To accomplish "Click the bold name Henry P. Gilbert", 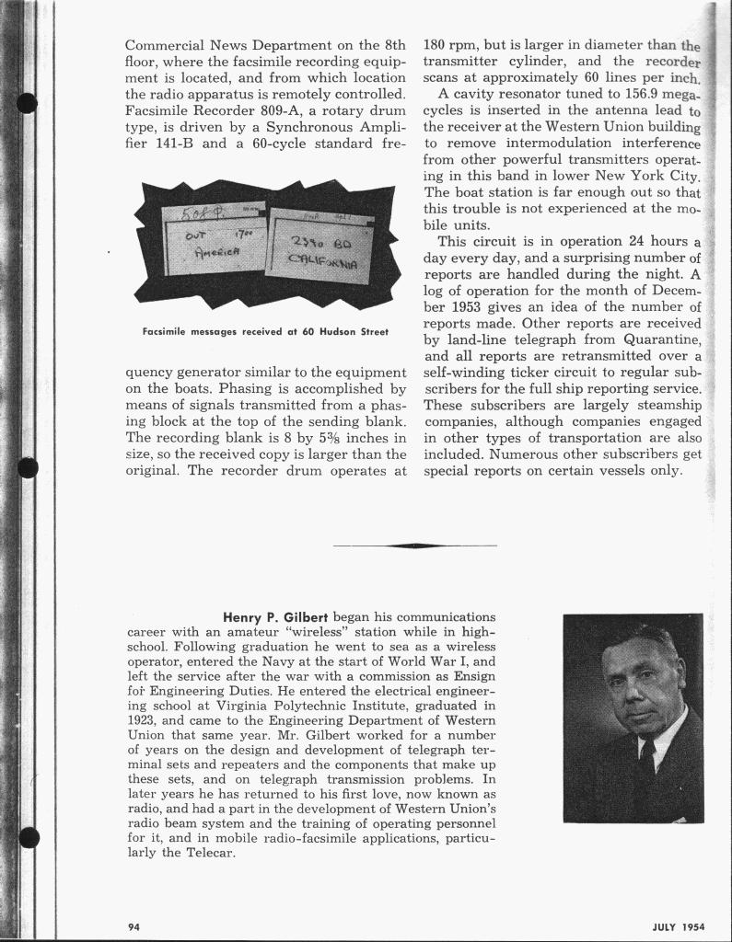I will pos(276,616).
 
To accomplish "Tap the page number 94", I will pos(134,926).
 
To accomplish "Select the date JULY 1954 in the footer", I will pos(678,926).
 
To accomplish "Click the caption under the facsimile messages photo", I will pos(265,332).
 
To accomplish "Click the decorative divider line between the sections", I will pos(414,546).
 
